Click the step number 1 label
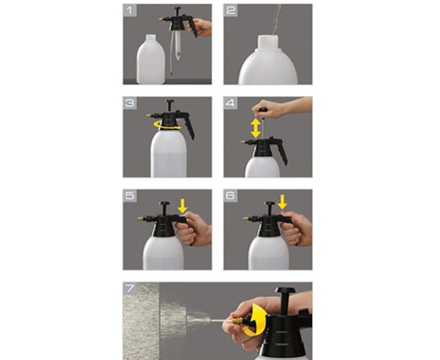[x=129, y=10]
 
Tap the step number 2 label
[x=230, y=10]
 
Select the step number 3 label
[x=130, y=103]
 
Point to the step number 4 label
[x=230, y=103]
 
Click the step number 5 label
[x=130, y=195]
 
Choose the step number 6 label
[x=230, y=195]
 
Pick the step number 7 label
[x=130, y=288]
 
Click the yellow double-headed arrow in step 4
[x=255, y=128]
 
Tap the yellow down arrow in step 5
[x=182, y=206]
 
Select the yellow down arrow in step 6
[x=282, y=202]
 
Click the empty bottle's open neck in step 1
[x=151, y=38]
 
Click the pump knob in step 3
[x=170, y=102]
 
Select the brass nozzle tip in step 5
[x=140, y=218]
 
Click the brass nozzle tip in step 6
[x=246, y=218]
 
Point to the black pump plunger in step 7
[x=284, y=299]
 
